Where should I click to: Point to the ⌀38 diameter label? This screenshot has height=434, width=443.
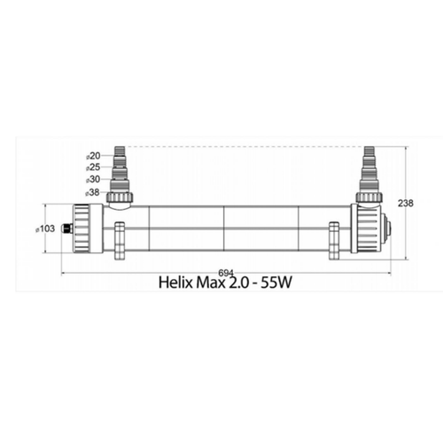tap(92, 191)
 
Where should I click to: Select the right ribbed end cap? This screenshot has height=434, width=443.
tap(367, 229)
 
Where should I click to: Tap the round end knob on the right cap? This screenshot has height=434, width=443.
tap(387, 229)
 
